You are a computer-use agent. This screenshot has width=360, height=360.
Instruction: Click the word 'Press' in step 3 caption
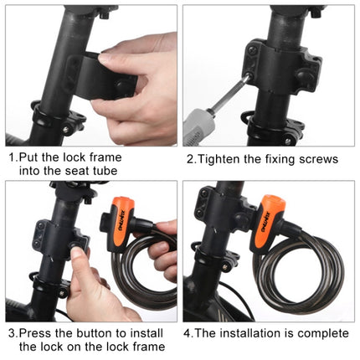click(34, 333)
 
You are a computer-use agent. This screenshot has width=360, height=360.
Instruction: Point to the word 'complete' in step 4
click(317, 333)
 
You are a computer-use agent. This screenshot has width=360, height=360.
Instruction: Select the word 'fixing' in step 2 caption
click(279, 158)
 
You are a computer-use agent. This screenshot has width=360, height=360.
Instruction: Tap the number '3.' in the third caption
click(13, 333)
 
